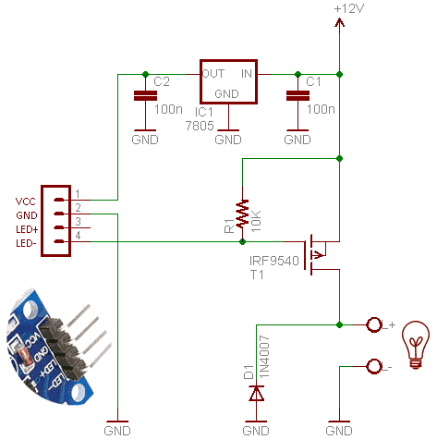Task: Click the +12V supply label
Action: (349, 8)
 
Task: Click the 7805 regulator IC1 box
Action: (228, 60)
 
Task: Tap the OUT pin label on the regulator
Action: (213, 74)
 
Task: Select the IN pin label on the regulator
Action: (247, 74)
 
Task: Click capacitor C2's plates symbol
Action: (146, 96)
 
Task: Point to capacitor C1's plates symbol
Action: (297, 96)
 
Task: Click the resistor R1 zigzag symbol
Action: (242, 213)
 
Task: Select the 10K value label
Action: (256, 221)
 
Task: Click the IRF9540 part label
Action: (274, 261)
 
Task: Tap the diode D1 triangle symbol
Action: (256, 393)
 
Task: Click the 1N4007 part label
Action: (264, 357)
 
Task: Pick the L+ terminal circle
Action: (374, 324)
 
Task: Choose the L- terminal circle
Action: (374, 367)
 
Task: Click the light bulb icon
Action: (416, 345)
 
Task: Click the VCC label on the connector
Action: (26, 202)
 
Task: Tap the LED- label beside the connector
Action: (26, 243)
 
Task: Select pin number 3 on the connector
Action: (78, 221)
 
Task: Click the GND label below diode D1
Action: (256, 431)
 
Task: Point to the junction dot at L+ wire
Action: (339, 324)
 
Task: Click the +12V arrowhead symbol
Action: (339, 22)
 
